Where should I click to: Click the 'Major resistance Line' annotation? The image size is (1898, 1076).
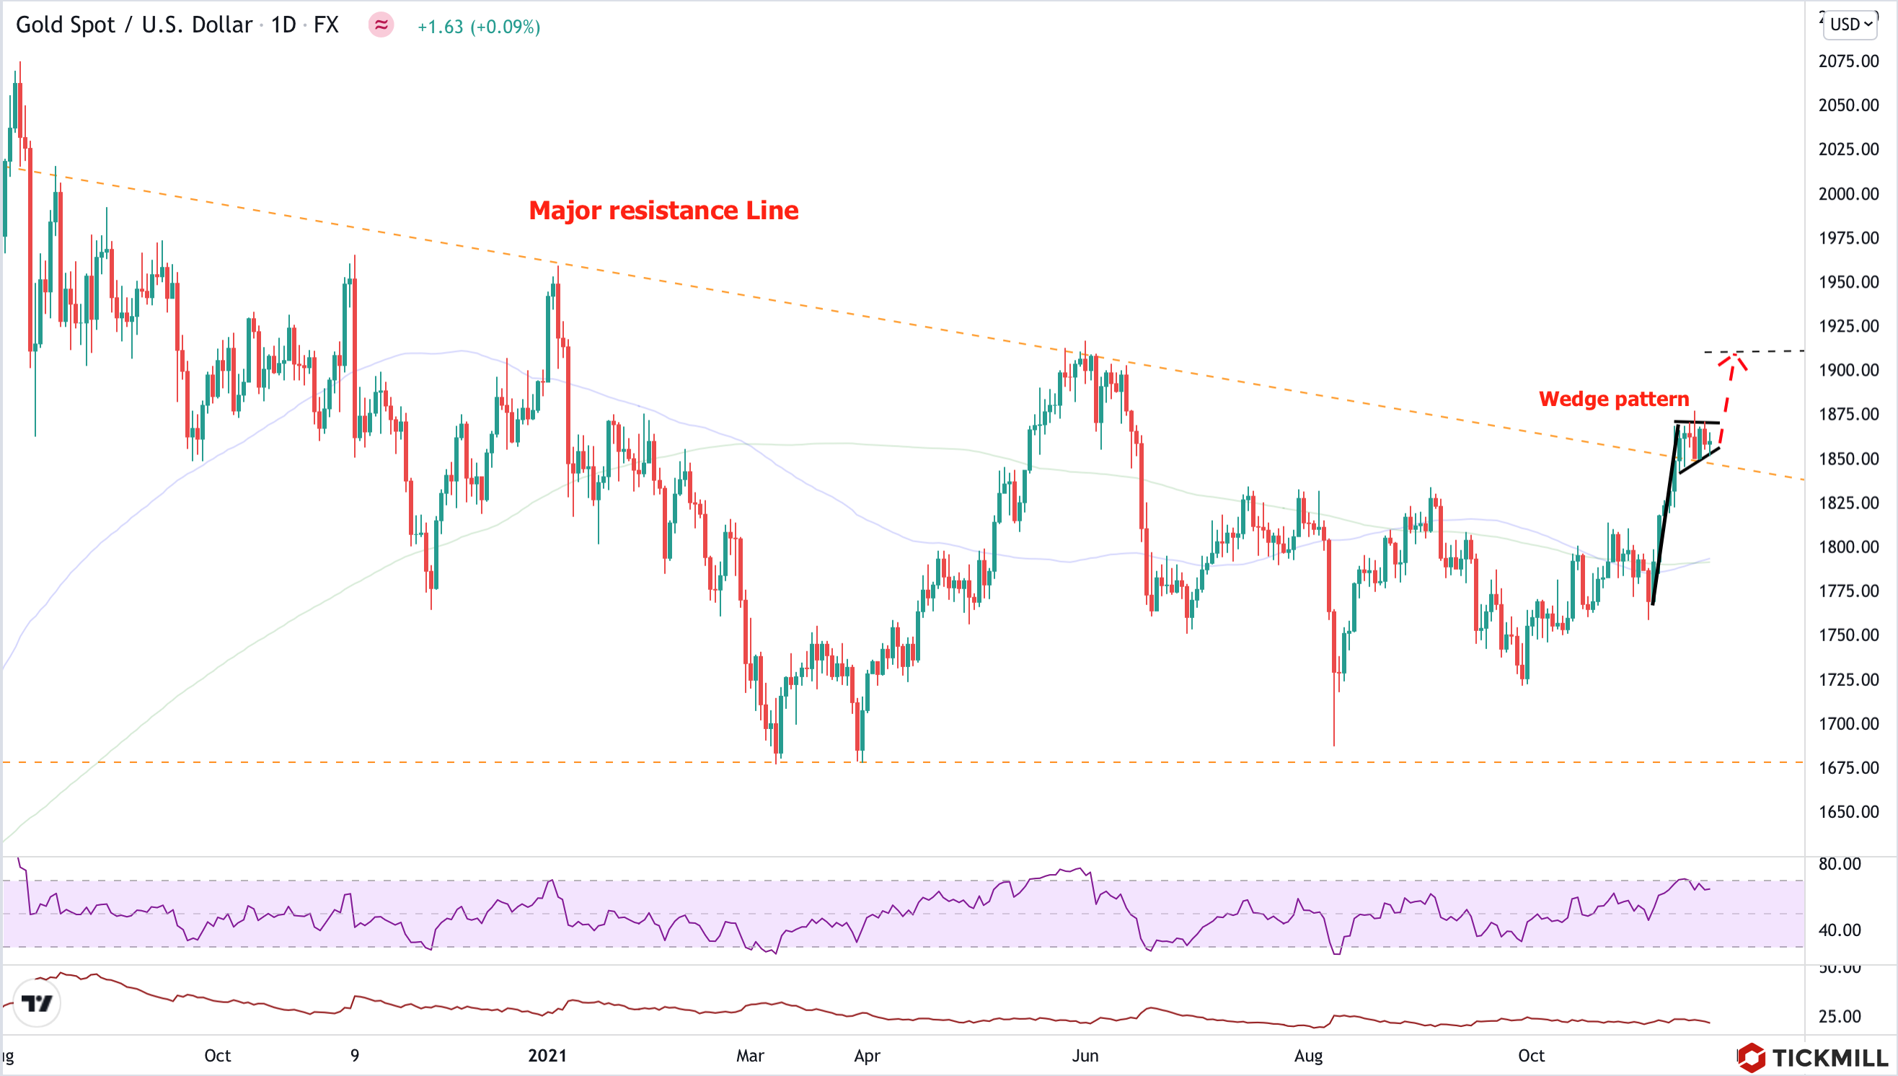pyautogui.click(x=663, y=211)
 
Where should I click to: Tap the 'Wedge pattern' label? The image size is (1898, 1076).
pyautogui.click(x=1614, y=399)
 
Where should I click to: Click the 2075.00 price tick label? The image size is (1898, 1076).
pyautogui.click(x=1848, y=61)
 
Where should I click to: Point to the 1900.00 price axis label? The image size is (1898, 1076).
pyautogui.click(x=1848, y=370)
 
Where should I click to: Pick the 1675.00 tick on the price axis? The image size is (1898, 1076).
pyautogui.click(x=1848, y=768)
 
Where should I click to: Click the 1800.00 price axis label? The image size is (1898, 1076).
pyautogui.click(x=1848, y=547)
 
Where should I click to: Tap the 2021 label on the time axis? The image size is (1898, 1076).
pyautogui.click(x=547, y=1055)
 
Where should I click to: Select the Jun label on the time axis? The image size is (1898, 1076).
pyautogui.click(x=1085, y=1055)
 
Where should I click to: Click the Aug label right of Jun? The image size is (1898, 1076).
pyautogui.click(x=1307, y=1055)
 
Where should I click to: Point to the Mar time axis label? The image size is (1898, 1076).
pyautogui.click(x=750, y=1055)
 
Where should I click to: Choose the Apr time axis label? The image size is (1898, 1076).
pyautogui.click(x=867, y=1055)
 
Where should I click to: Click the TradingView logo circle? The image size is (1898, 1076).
pyautogui.click(x=36, y=1003)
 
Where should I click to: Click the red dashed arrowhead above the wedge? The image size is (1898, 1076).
pyautogui.click(x=1733, y=361)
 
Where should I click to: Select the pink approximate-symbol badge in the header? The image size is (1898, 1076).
pyautogui.click(x=381, y=25)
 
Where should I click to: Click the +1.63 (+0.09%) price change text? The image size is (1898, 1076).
pyautogui.click(x=479, y=27)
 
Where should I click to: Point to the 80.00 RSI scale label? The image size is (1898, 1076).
pyautogui.click(x=1839, y=864)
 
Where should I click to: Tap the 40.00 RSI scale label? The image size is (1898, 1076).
pyautogui.click(x=1839, y=930)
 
